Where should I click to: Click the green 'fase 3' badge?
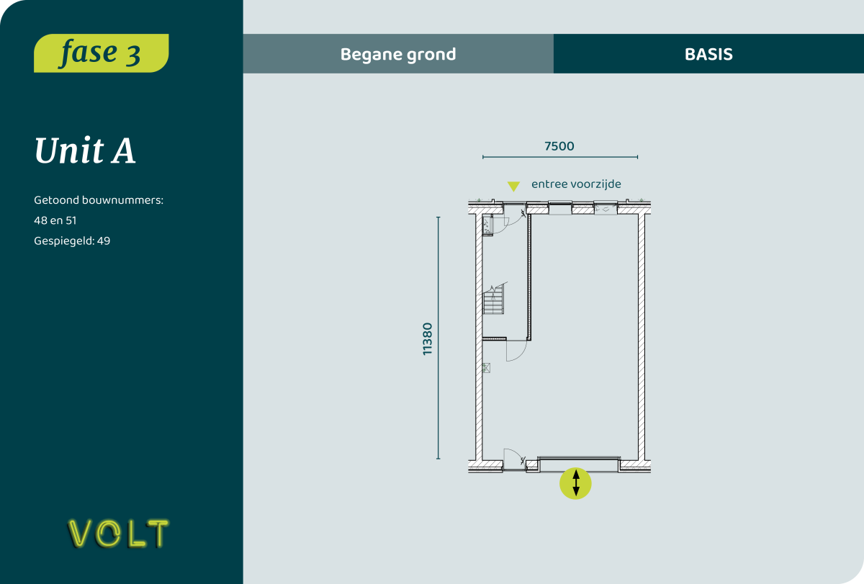(101, 53)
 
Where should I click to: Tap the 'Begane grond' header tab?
(398, 53)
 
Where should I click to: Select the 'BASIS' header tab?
(708, 53)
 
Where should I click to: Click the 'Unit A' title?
(85, 151)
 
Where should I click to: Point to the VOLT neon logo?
(118, 534)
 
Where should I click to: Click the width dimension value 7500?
(559, 146)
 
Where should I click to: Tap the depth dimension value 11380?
(428, 338)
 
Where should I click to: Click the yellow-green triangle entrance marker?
(513, 187)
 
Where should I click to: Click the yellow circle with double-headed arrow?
(575, 483)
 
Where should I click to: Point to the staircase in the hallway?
(493, 300)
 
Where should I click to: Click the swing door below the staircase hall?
(516, 351)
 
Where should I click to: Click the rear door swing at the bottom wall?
(514, 459)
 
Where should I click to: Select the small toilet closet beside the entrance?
(487, 225)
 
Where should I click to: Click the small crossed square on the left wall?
(486, 368)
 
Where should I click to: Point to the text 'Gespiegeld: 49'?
(72, 241)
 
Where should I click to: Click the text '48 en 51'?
(55, 220)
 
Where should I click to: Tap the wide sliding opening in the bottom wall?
(579, 464)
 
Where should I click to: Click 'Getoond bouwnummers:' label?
(99, 200)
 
